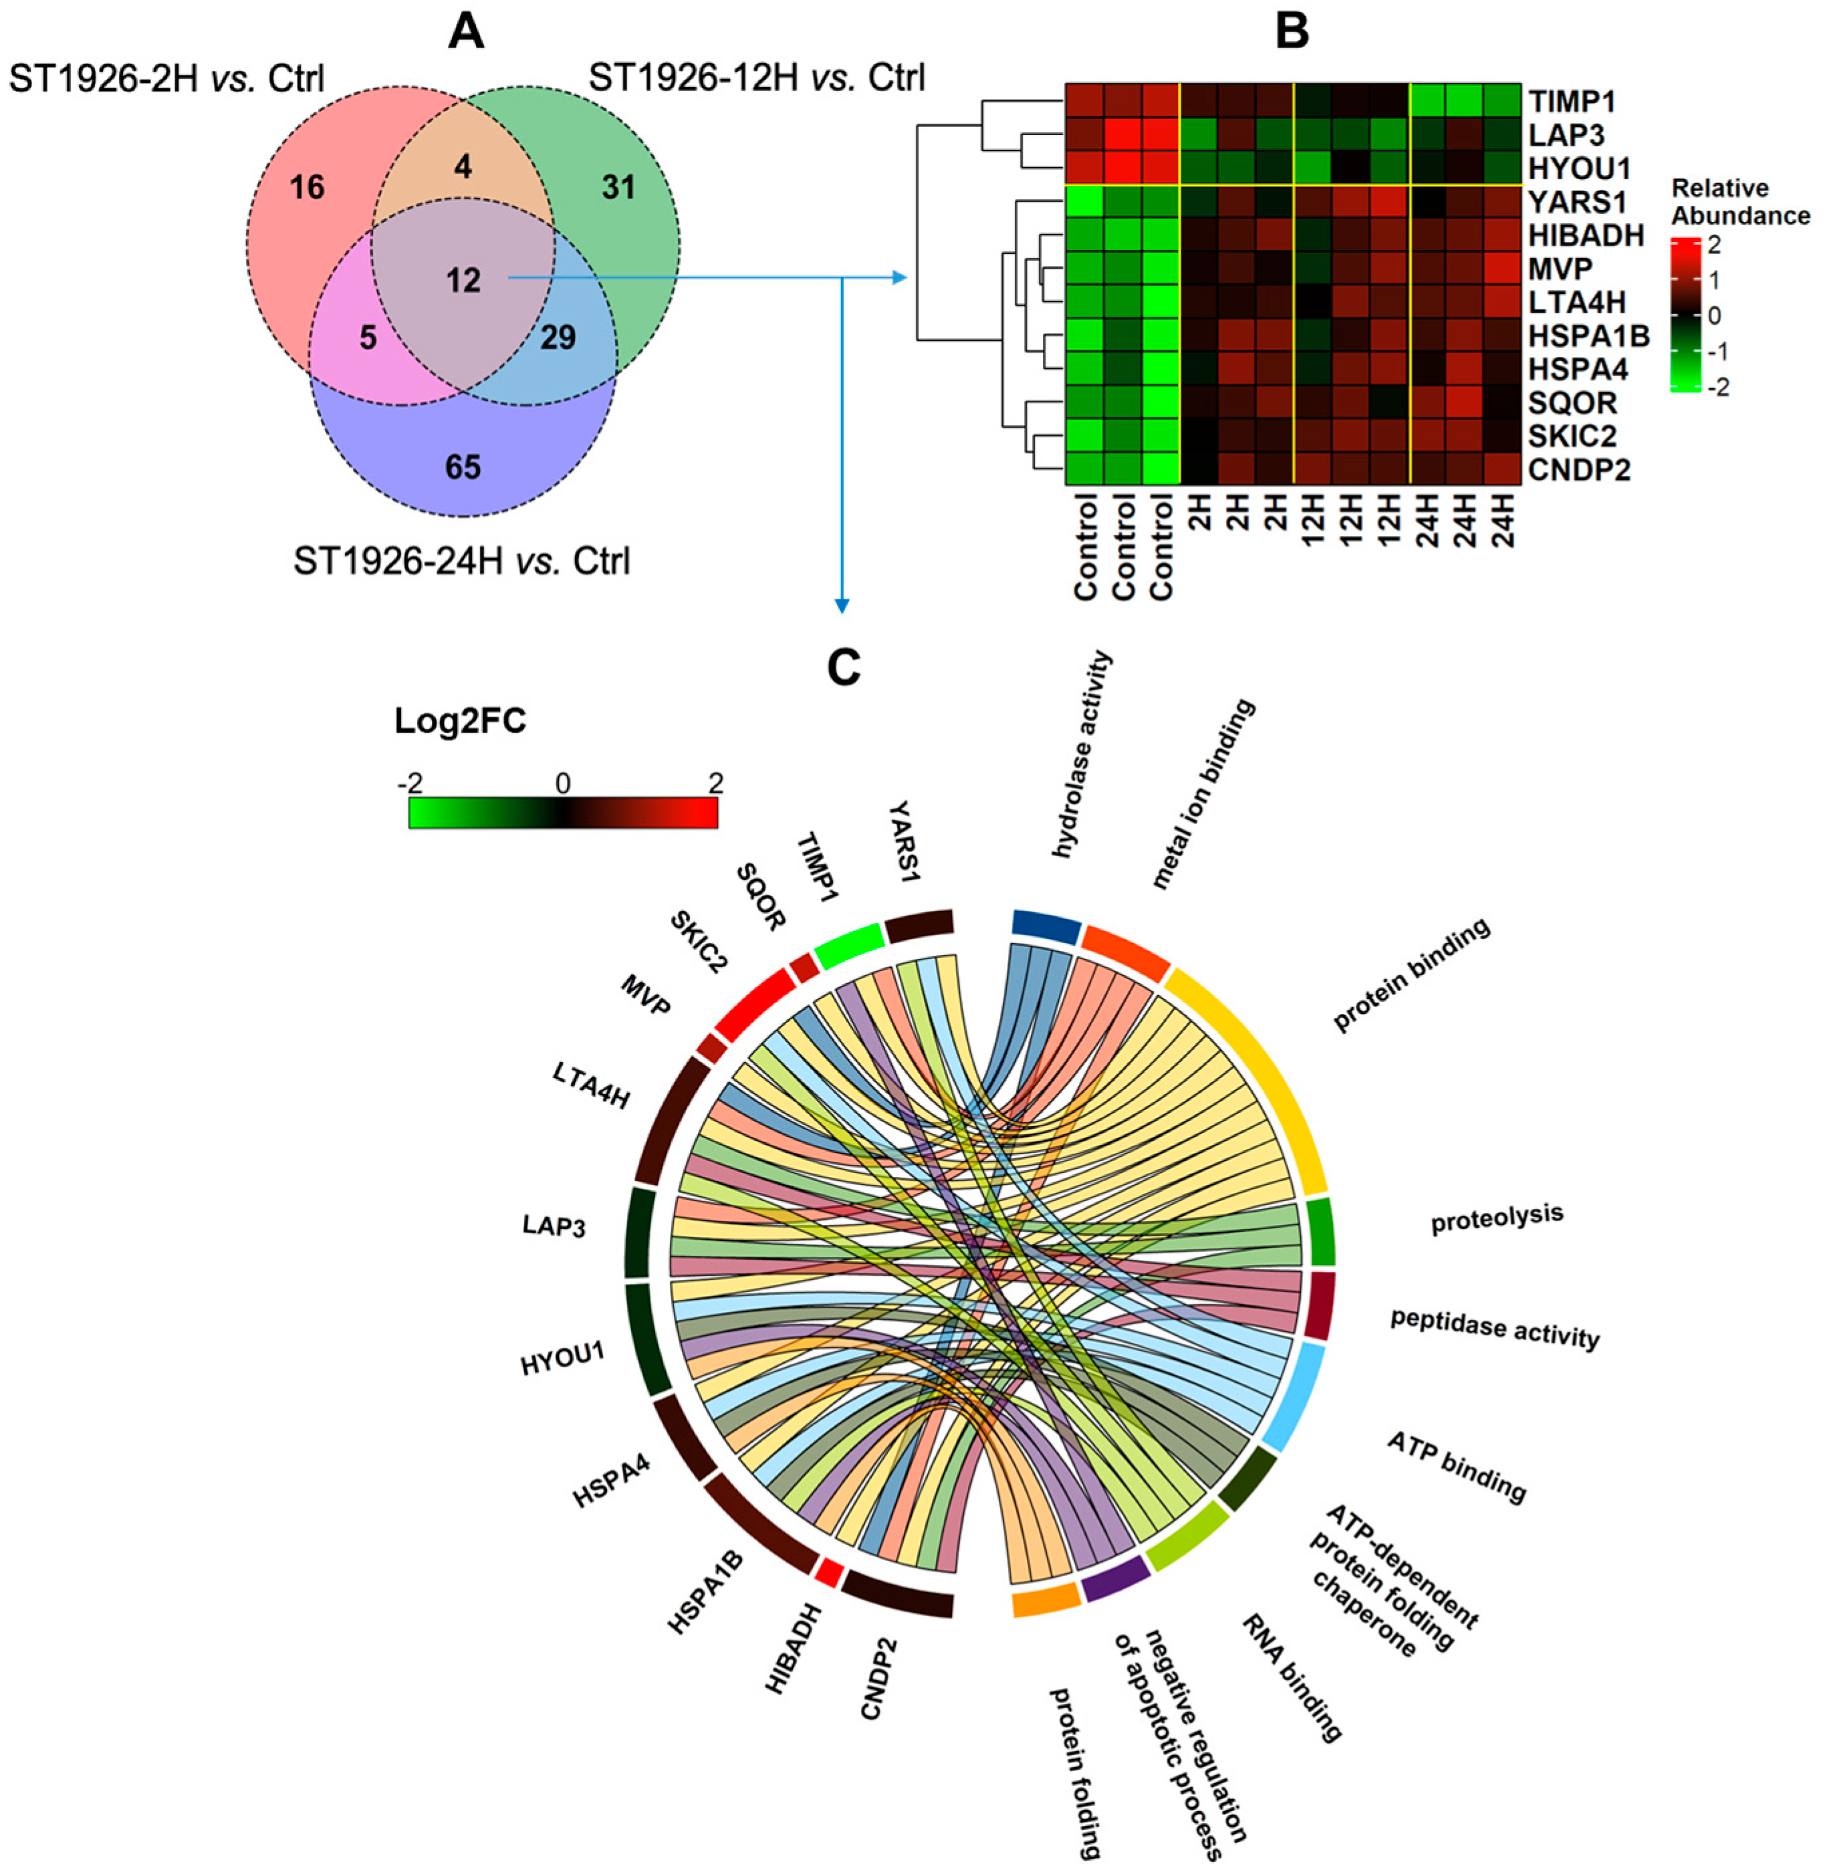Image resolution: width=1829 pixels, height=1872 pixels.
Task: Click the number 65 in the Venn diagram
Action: click(463, 468)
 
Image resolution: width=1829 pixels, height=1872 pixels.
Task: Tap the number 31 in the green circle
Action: click(618, 187)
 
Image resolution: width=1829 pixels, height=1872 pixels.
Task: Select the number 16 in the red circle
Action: click(308, 187)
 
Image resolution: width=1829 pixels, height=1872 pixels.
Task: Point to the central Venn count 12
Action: click(463, 281)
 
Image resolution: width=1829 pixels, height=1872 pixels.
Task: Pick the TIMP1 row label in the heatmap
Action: click(1572, 101)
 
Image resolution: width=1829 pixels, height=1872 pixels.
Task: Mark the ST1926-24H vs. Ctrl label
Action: click(462, 561)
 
